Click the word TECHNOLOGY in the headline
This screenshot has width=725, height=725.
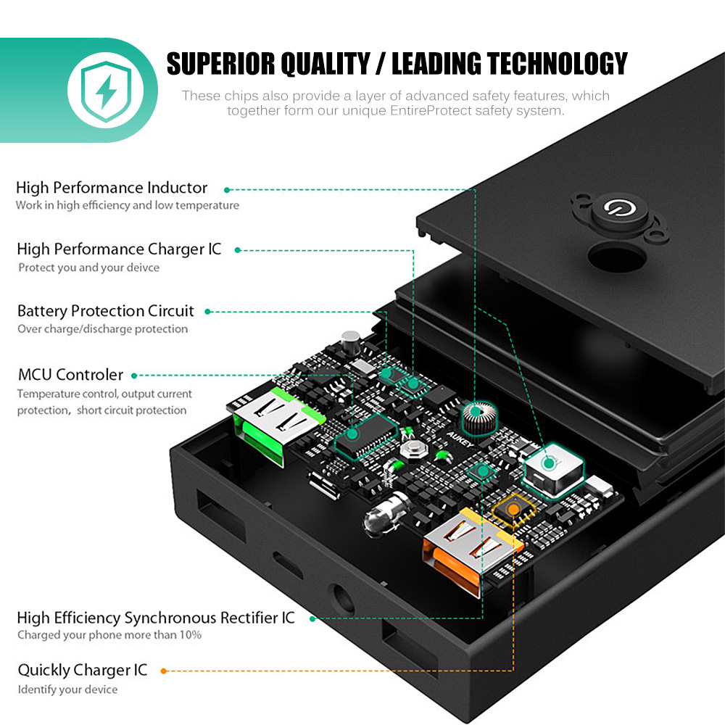coord(557,64)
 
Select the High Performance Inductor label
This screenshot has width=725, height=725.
coord(112,188)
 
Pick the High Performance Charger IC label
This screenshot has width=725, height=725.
coord(119,249)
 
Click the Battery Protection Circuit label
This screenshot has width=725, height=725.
coord(106,311)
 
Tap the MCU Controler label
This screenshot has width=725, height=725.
coord(70,375)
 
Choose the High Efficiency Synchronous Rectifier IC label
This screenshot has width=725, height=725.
coord(156,618)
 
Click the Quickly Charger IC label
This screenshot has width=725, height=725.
coord(83,670)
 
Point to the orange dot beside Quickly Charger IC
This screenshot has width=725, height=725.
coord(164,671)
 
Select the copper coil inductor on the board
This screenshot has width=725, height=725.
coord(478,419)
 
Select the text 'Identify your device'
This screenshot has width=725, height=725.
coord(67,689)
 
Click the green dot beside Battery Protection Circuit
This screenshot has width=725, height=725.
coord(208,312)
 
